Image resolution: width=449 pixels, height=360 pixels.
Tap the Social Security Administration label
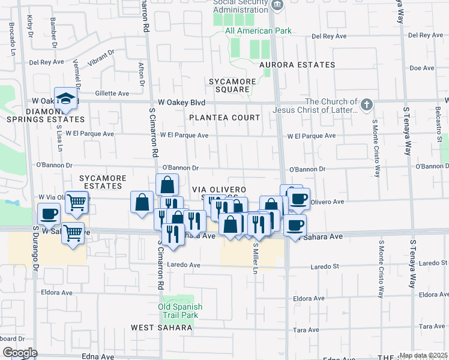point(240,5)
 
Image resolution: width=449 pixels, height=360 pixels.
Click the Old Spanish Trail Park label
point(180,311)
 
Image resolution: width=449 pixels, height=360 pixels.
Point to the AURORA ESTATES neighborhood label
point(297,65)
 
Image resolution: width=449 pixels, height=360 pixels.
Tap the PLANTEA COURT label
point(224,118)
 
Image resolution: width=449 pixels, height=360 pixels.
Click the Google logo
point(20,352)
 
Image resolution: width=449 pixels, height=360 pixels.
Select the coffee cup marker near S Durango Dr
point(49,214)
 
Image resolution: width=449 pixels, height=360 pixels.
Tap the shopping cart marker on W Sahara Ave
point(73,232)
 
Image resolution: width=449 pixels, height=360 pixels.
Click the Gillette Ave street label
point(112,94)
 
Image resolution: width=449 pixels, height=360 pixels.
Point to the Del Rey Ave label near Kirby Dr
point(46,62)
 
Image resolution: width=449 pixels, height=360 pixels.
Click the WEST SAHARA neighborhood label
point(162,328)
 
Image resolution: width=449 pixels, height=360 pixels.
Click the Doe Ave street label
point(421,68)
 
